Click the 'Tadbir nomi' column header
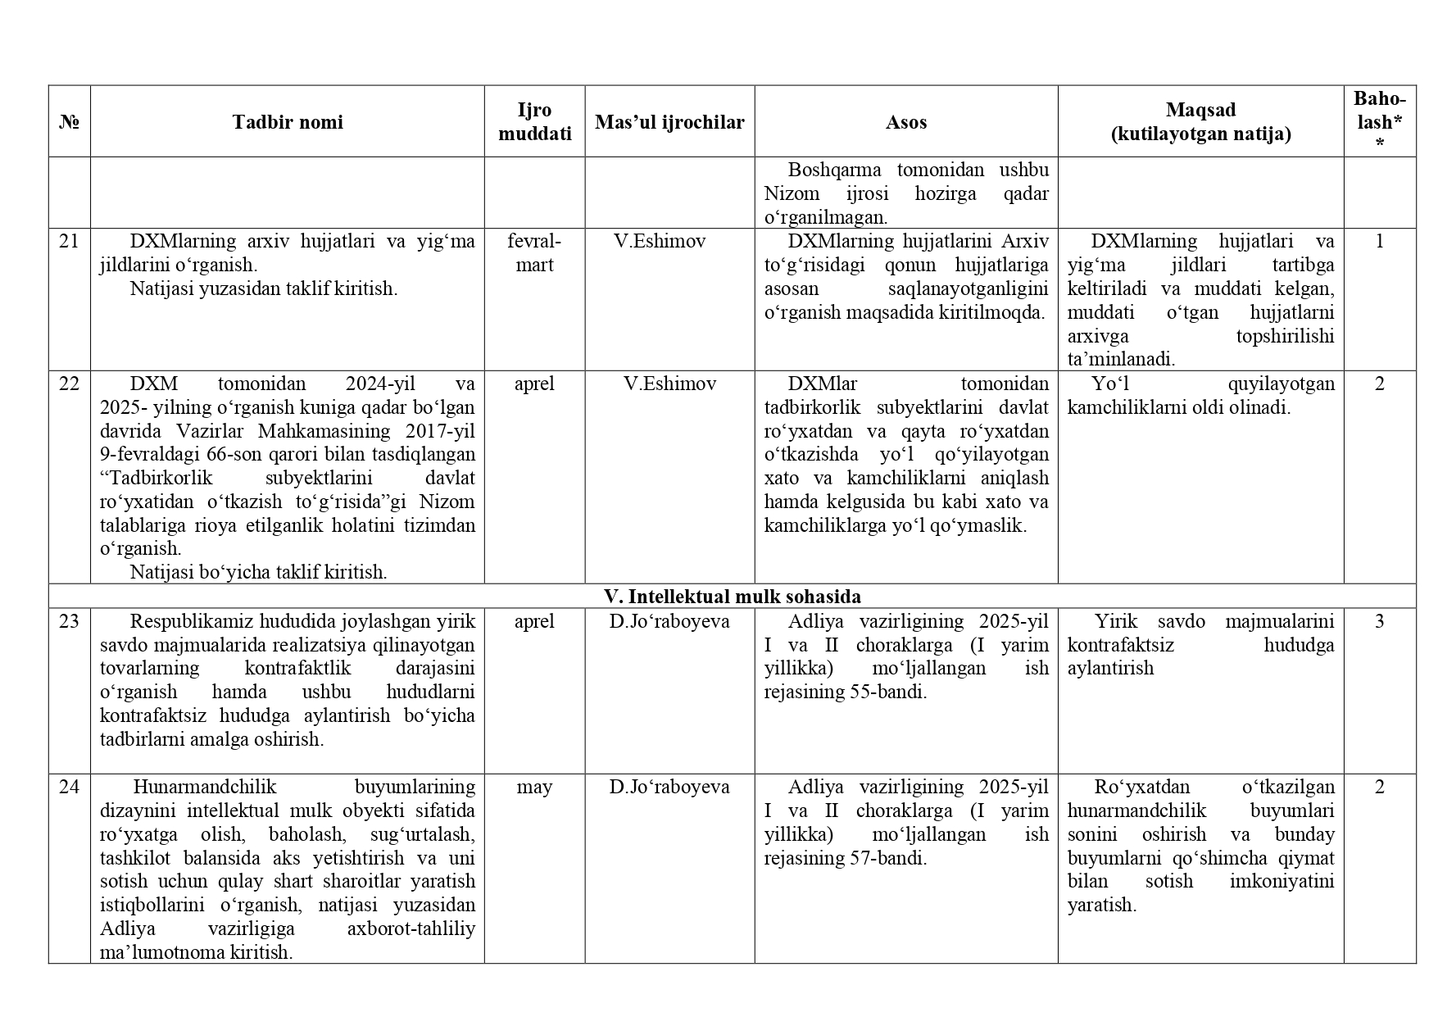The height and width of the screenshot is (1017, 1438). tap(287, 122)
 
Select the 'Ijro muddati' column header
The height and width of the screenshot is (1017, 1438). tap(534, 122)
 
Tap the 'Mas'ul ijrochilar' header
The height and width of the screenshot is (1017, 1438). tap(669, 122)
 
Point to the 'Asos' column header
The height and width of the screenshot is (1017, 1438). tap(905, 122)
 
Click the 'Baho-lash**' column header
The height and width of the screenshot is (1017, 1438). tap(1379, 121)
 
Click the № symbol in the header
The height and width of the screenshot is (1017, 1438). tap(69, 122)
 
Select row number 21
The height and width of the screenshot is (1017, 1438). tap(69, 241)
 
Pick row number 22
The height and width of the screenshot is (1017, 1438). tap(69, 384)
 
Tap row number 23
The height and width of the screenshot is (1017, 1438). tap(69, 621)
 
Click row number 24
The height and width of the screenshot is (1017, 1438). tap(69, 787)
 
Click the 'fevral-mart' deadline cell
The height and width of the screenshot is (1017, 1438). tap(534, 252)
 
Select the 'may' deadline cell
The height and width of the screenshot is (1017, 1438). tap(534, 787)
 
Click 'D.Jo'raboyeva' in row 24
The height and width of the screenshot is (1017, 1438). tap(669, 787)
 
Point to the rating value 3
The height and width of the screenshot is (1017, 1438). tap(1379, 621)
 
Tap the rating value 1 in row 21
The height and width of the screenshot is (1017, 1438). tap(1379, 241)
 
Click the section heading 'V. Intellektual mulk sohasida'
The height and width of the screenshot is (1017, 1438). tap(732, 596)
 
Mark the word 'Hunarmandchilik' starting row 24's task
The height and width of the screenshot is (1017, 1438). tap(205, 787)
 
